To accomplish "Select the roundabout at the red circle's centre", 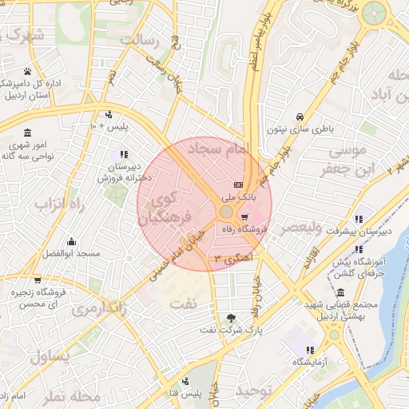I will pyautogui.click(x=226, y=212).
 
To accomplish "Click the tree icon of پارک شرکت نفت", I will pyautogui.click(x=231, y=316).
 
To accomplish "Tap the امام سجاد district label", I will pyautogui.click(x=218, y=148).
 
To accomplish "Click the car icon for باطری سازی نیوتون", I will pyautogui.click(x=299, y=116).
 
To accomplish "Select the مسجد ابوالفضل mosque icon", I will pyautogui.click(x=72, y=241).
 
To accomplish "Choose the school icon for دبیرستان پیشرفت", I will pyautogui.click(x=359, y=218).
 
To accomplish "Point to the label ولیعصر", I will pyautogui.click(x=300, y=228).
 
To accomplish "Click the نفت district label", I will pyautogui.click(x=184, y=303).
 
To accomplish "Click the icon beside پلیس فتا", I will pyautogui.click(x=186, y=380).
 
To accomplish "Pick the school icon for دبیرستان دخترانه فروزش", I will pyautogui.click(x=123, y=154).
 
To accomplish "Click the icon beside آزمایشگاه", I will pyautogui.click(x=310, y=350).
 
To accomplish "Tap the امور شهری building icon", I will pyautogui.click(x=27, y=133).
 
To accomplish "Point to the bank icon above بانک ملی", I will pyautogui.click(x=237, y=185).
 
